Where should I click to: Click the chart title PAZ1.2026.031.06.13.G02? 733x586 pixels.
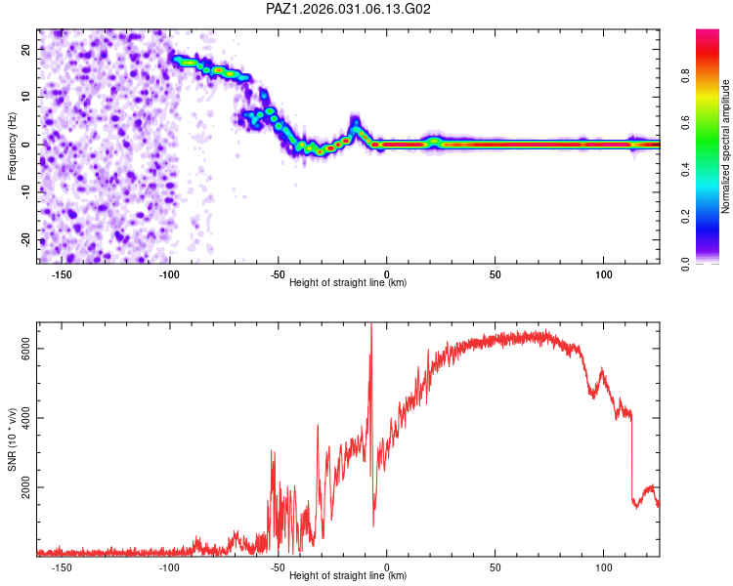[349, 9]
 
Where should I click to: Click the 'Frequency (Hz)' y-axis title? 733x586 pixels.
[12, 145]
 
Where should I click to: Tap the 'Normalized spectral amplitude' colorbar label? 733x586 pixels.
[725, 146]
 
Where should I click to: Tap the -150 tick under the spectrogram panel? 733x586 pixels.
[61, 273]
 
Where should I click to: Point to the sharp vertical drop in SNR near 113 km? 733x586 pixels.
[632, 459]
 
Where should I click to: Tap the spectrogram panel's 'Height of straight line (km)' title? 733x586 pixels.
[348, 283]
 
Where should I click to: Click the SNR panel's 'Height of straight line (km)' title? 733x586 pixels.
[348, 577]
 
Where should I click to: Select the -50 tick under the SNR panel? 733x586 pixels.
[278, 567]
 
